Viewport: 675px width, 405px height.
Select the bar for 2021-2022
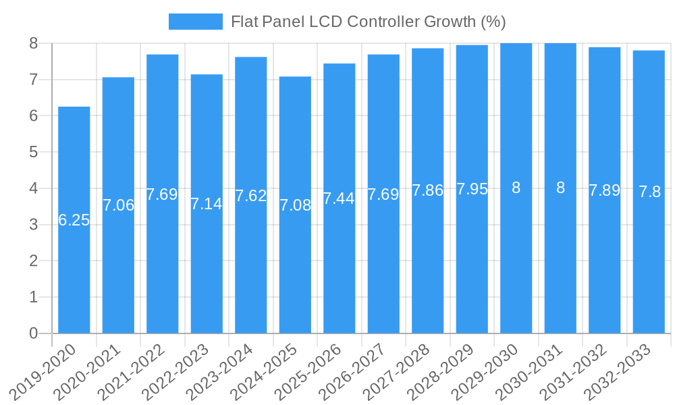coord(163,256)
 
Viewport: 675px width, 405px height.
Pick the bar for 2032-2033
coord(649,256)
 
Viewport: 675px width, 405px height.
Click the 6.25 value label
coord(74,220)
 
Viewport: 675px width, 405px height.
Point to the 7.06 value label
coord(118,205)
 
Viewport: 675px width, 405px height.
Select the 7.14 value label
coord(207,204)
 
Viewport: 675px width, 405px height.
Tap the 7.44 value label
coord(339,198)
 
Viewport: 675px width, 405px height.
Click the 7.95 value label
coord(472,189)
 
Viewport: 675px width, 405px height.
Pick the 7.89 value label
coord(604,190)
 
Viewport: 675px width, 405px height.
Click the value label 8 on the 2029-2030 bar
coord(516,188)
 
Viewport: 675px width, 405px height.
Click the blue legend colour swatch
coord(195,22)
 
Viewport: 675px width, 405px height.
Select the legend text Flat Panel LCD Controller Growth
coord(368,22)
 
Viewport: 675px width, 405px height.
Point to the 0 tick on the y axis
coord(33,333)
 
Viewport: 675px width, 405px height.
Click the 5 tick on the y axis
coord(33,152)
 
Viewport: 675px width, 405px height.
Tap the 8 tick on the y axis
coord(33,43)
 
